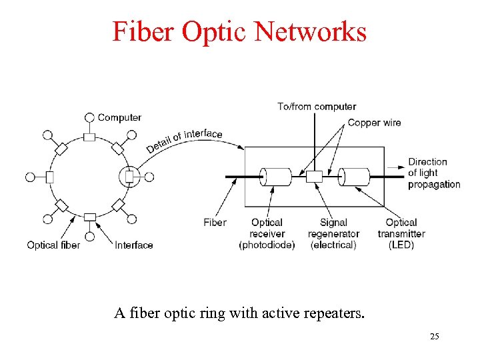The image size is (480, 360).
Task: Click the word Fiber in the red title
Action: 143,31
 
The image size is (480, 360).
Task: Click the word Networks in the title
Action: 310,31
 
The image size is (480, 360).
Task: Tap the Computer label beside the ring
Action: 119,117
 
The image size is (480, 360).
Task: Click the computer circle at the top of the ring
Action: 89,117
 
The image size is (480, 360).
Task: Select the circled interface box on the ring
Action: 129,177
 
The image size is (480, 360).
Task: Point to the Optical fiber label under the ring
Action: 53,245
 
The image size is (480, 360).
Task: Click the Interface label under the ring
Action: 134,245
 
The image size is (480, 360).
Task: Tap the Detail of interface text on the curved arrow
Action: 184,141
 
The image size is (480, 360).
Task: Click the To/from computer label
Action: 317,107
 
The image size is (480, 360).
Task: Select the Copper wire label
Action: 375,123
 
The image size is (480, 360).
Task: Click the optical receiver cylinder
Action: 275,177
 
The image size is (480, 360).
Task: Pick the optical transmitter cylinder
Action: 354,177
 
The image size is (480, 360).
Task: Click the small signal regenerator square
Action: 315,177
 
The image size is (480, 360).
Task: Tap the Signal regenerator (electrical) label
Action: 333,233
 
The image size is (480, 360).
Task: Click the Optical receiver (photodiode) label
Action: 267,233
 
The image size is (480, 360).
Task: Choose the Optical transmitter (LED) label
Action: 401,233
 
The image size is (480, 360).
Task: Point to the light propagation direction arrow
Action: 396,167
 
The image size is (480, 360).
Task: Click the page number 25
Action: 435,337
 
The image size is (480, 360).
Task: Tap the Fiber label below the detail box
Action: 215,222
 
